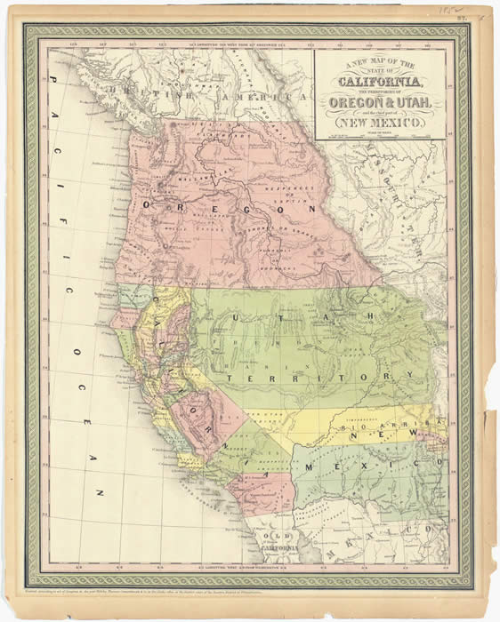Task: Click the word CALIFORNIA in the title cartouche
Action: [x=380, y=83]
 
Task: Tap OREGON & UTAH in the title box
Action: [x=380, y=105]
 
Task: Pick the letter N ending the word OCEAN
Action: [x=101, y=490]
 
